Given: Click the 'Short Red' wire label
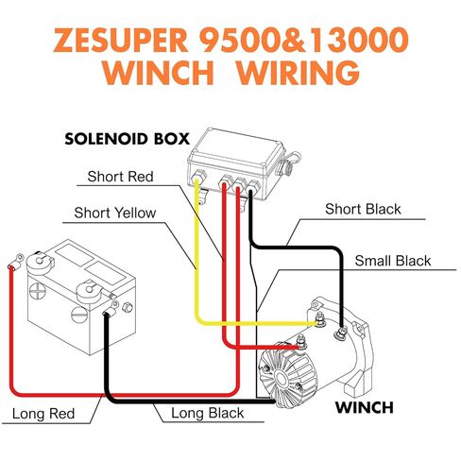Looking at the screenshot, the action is [120, 177].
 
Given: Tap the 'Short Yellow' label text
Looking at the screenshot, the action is [115, 213].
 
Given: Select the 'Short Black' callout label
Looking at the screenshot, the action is [363, 209].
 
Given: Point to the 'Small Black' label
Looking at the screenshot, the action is [393, 261].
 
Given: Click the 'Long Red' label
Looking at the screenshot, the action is [43, 414].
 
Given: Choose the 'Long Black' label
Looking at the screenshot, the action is [207, 413].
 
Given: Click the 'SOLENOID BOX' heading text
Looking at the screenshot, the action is [127, 139].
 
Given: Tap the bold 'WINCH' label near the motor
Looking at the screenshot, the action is [365, 407].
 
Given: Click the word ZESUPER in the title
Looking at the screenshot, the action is [120, 41].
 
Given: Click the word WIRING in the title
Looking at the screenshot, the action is [298, 72].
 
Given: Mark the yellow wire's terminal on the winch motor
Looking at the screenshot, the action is [320, 321].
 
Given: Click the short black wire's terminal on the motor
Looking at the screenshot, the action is [342, 333].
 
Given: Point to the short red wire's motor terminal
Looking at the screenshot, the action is [301, 343].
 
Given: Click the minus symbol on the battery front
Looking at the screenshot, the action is [78, 315].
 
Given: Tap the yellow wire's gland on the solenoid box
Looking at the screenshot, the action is [197, 178].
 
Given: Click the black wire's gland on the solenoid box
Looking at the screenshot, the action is [252, 186].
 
